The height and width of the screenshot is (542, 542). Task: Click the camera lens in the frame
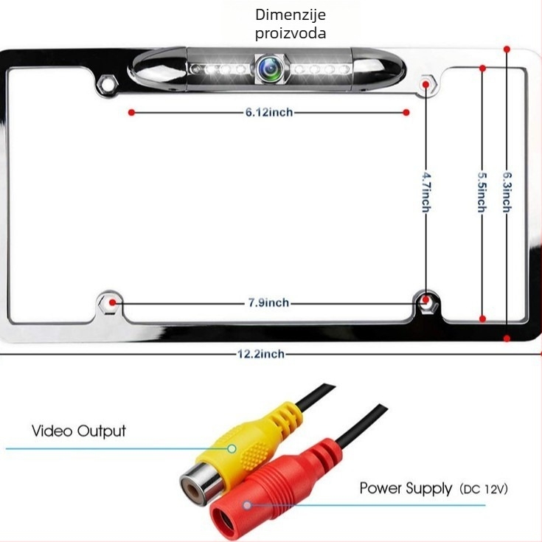click(x=271, y=69)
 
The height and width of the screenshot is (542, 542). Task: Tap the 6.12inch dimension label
click(x=269, y=112)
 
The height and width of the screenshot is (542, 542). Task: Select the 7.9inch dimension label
click(x=269, y=303)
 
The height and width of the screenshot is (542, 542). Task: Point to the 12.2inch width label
click(x=261, y=354)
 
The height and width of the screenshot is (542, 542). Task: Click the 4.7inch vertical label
click(x=426, y=192)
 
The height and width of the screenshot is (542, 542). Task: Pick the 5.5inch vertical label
click(x=482, y=192)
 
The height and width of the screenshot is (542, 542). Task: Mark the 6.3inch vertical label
click(x=507, y=192)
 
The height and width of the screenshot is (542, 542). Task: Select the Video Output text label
click(x=79, y=431)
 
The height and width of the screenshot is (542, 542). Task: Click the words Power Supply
click(x=406, y=488)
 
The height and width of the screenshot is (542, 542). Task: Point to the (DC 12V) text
click(x=484, y=489)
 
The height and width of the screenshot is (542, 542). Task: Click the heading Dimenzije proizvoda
click(x=291, y=24)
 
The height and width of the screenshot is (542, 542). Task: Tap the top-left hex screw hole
click(x=107, y=83)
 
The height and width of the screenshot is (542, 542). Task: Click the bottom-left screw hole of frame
click(x=110, y=303)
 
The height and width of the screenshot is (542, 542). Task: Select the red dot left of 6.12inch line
click(x=131, y=112)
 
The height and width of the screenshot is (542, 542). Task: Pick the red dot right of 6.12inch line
click(x=406, y=112)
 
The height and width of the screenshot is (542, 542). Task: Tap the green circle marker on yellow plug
click(x=232, y=448)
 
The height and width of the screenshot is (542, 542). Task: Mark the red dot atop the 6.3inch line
click(x=507, y=49)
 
